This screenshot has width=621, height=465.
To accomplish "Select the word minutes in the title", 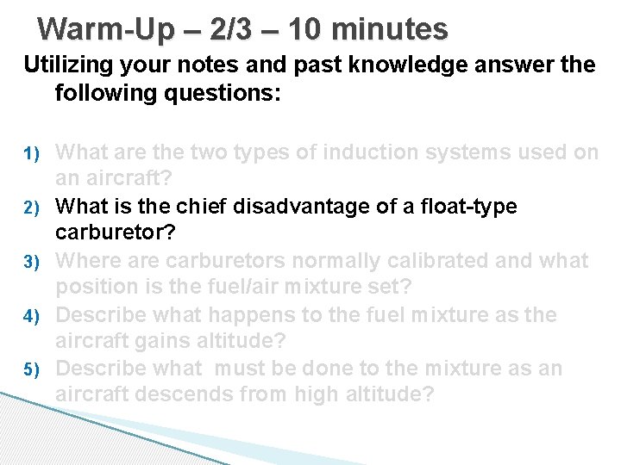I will [390, 29].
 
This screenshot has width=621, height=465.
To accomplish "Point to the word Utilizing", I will [73, 65].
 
